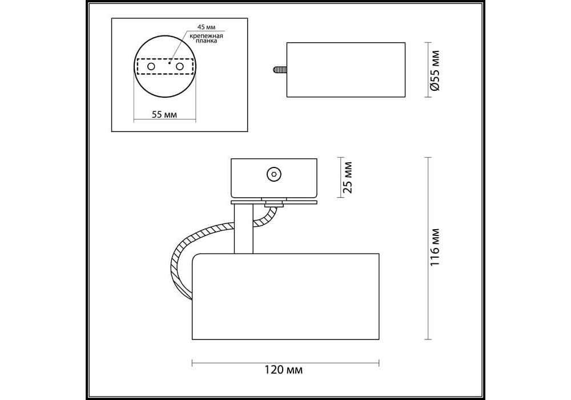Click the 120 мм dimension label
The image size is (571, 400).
pyautogui.click(x=283, y=370)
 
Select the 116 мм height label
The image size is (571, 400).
pyautogui.click(x=435, y=247)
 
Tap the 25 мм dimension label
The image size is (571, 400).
pyautogui.click(x=348, y=177)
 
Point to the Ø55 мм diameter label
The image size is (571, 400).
pyautogui.click(x=435, y=70)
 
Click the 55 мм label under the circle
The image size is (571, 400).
pyautogui.click(x=164, y=114)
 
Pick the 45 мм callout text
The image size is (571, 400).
pyautogui.click(x=206, y=27)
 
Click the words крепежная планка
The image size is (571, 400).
pyautogui.click(x=206, y=39)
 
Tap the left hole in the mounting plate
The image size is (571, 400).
pyautogui.click(x=151, y=67)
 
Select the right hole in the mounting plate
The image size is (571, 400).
pyautogui.click(x=179, y=67)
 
